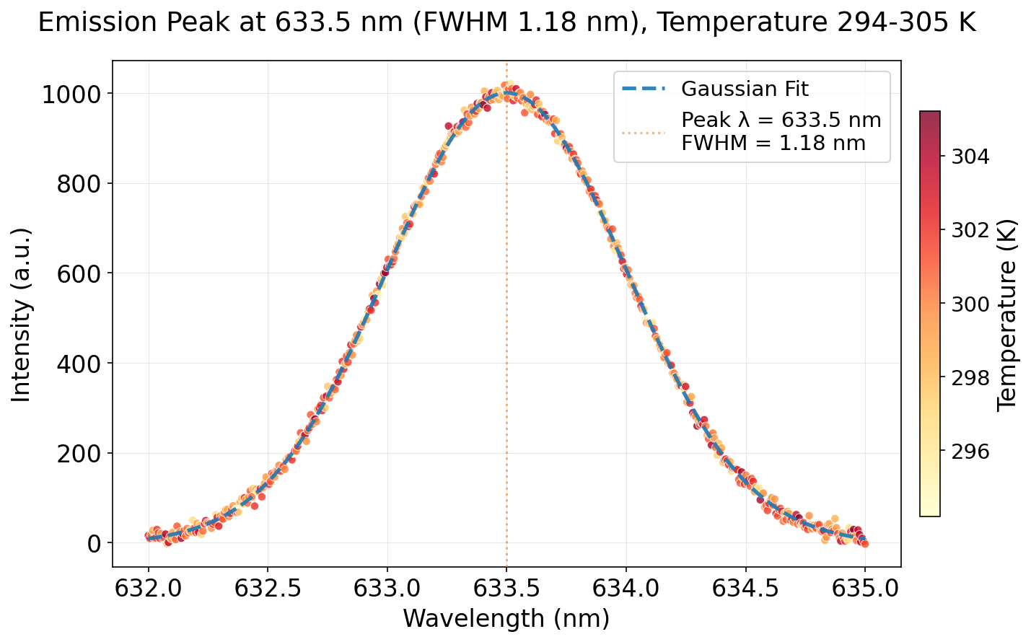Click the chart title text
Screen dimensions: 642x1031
[506, 23]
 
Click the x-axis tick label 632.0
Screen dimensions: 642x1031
[149, 589]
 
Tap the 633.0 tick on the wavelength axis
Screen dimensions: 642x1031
[387, 589]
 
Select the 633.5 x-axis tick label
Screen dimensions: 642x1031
[506, 589]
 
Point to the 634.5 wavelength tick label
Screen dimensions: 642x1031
[745, 589]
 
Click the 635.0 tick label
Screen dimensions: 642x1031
[865, 589]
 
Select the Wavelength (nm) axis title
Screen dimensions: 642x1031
[506, 619]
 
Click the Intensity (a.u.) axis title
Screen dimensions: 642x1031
[22, 315]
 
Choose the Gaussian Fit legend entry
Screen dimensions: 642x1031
[745, 89]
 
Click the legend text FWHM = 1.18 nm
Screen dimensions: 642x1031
[773, 143]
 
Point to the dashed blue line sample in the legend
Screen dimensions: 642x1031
[643, 89]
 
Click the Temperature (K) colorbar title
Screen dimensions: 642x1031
[1006, 315]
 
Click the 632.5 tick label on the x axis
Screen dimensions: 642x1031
[268, 589]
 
